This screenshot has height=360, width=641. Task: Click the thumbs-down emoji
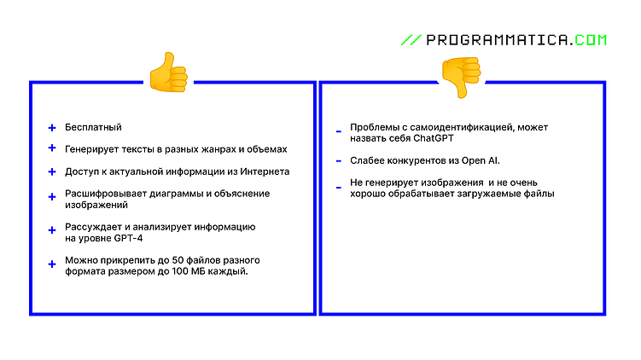coord(460,78)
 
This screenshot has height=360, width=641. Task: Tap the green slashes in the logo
coord(411,40)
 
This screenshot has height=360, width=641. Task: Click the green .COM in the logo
coord(591,40)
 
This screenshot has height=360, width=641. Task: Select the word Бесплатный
coord(93,127)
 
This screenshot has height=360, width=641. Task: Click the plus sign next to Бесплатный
coord(52,128)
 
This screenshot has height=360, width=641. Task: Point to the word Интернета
coord(265,171)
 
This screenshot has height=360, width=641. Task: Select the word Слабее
coord(367,160)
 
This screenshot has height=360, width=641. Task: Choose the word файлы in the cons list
coord(539,194)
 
